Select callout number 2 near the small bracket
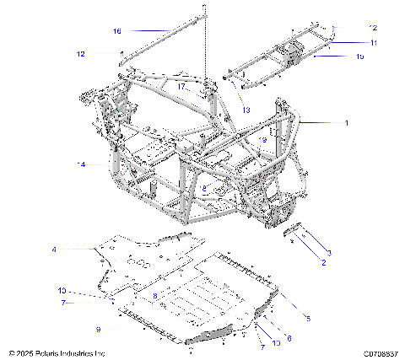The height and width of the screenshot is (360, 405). click(x=323, y=263)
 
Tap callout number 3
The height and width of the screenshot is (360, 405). click(x=329, y=252)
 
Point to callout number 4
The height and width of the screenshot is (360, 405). click(x=54, y=250)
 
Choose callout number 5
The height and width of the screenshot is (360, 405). click(x=307, y=319)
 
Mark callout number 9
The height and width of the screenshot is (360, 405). click(x=99, y=328)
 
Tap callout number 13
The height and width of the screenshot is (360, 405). click(x=246, y=110)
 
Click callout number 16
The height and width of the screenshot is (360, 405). click(x=117, y=31)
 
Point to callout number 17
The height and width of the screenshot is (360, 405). click(x=181, y=86)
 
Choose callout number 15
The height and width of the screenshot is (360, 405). click(x=359, y=56)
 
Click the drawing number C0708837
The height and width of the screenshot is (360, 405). click(x=381, y=353)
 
